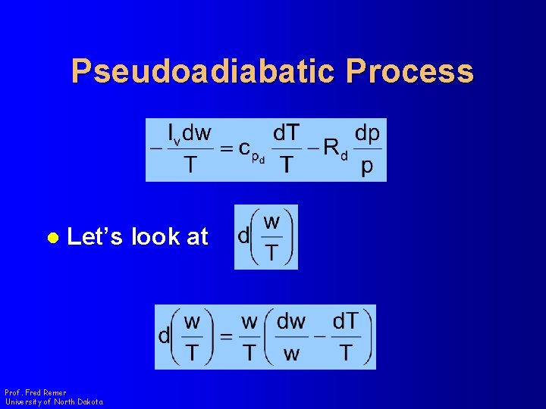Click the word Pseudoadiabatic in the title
[202, 72]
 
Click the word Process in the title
[409, 72]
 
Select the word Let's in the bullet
[96, 237]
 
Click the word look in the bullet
[155, 237]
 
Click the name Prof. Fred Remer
[35, 392]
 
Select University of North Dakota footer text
[54, 401]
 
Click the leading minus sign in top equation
[156, 149]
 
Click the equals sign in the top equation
[226, 149]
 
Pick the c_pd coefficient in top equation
[251, 151]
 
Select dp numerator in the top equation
[367, 134]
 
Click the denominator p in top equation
[367, 166]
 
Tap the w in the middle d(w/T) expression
[271, 222]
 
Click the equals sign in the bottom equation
[226, 337]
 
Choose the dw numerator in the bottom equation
[291, 322]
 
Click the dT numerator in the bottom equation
[346, 322]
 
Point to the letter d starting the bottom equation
[165, 337]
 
